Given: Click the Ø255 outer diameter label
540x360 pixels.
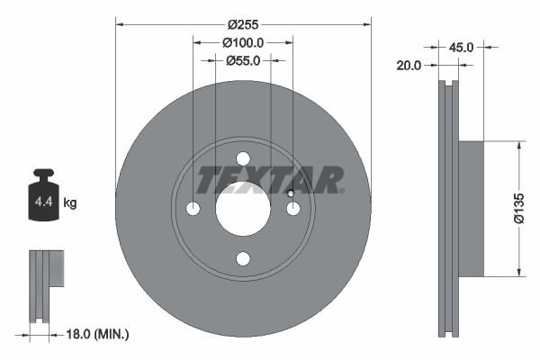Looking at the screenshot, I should pyautogui.click(x=243, y=24).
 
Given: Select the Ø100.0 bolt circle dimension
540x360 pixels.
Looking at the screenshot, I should pyautogui.click(x=243, y=42).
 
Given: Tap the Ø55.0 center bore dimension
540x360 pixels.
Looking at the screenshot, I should pyautogui.click(x=243, y=60).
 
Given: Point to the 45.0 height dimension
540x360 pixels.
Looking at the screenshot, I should pyautogui.click(x=460, y=47).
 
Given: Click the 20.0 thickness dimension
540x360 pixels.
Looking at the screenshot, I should pyautogui.click(x=409, y=65).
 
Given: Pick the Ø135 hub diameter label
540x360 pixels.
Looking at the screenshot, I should pyautogui.click(x=519, y=208).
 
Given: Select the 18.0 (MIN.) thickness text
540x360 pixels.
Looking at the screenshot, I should pyautogui.click(x=99, y=335).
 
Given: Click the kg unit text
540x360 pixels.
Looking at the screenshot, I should pyautogui.click(x=70, y=203).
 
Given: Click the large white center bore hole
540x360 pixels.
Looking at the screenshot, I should pyautogui.click(x=243, y=209).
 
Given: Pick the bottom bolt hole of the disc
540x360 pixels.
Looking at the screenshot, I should pyautogui.click(x=243, y=259).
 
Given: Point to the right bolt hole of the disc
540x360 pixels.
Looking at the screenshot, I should pyautogui.click(x=292, y=209).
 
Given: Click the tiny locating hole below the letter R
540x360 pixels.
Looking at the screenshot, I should pyautogui.click(x=291, y=193).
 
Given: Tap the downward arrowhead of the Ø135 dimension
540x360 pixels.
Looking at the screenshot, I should pyautogui.click(x=519, y=272).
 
